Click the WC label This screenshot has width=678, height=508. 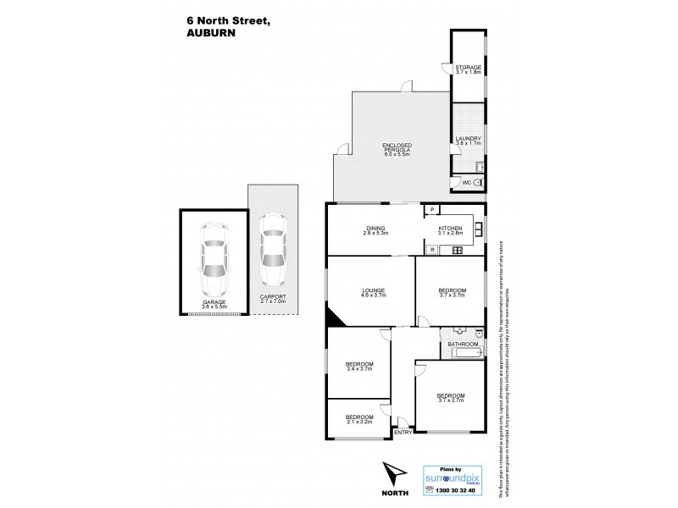pyautogui.click(x=466, y=182)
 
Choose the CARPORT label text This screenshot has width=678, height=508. pyautogui.click(x=273, y=298)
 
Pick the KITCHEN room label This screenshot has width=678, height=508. pyautogui.click(x=449, y=229)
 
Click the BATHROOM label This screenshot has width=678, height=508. pyautogui.click(x=464, y=345)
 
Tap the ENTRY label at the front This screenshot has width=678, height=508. pyautogui.click(x=403, y=433)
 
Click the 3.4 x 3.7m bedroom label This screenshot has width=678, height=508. pyautogui.click(x=359, y=367)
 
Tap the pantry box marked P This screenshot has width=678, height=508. pyautogui.click(x=431, y=210)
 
